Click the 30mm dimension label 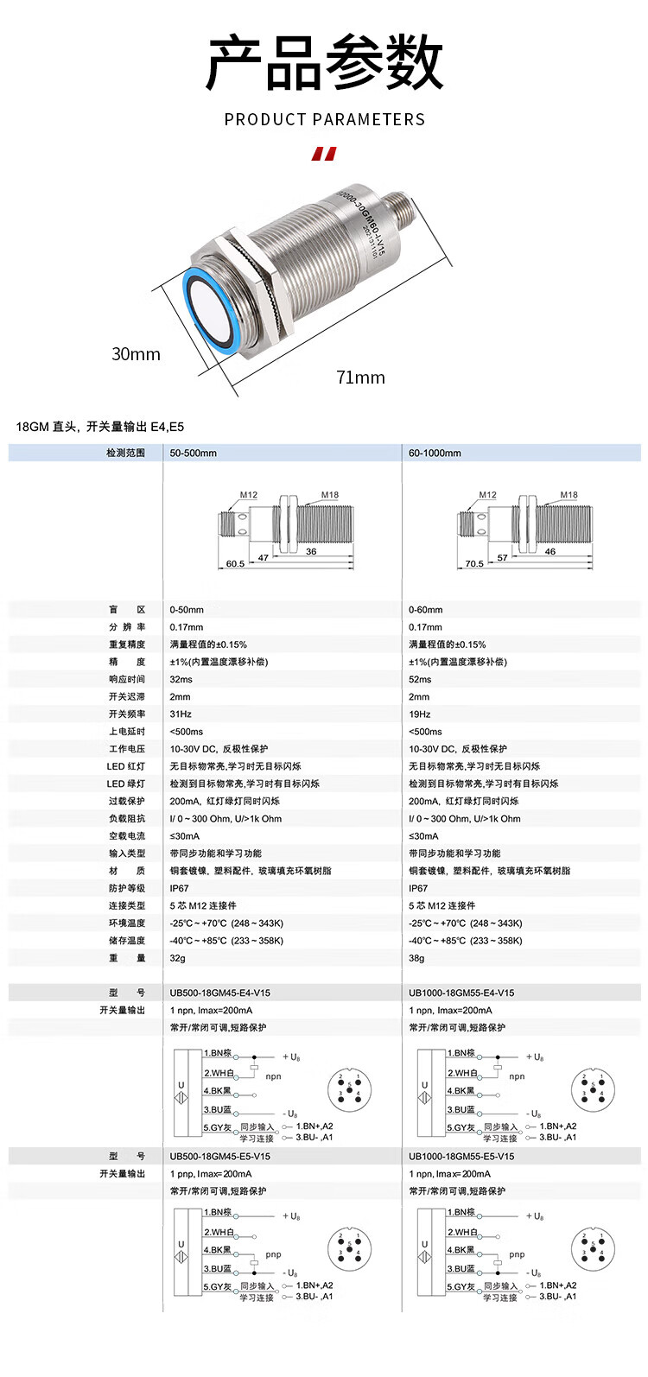(x=136, y=354)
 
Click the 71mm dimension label (x=360, y=378)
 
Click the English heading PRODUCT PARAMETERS (x=324, y=120)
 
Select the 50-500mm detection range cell (x=194, y=453)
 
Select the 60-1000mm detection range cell (x=435, y=453)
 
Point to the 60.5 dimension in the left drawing (x=235, y=564)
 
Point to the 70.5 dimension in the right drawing (x=474, y=564)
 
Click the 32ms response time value (x=181, y=680)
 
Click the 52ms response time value (x=420, y=680)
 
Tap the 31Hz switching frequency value (x=181, y=714)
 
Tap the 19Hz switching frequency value (x=420, y=714)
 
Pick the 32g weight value (x=177, y=958)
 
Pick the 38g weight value (x=416, y=958)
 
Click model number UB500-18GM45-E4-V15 (x=219, y=993)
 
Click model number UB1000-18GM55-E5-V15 (x=461, y=1157)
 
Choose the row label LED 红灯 (x=126, y=766)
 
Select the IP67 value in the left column (x=179, y=888)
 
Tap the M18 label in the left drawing (x=330, y=496)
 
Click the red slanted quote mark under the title (x=324, y=155)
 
